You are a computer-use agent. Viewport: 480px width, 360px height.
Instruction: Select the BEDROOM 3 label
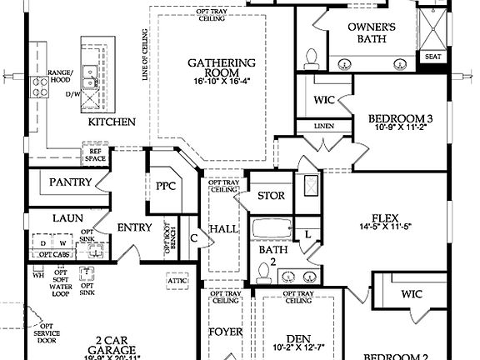coord(400,119)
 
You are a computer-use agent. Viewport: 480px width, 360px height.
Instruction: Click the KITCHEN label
coord(112,122)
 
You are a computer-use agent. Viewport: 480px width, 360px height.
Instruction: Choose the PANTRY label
coord(70,182)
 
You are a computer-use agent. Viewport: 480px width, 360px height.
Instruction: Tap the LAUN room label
coord(65,217)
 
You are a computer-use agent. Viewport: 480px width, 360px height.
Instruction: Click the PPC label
coord(166,186)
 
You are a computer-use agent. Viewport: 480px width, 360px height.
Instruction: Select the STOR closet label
coord(271,196)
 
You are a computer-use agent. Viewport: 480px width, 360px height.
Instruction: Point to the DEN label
coord(297,339)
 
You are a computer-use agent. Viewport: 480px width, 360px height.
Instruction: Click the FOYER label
coord(225,332)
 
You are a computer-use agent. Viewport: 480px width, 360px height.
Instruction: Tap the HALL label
coord(222,227)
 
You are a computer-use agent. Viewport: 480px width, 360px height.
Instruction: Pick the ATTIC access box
coord(177,282)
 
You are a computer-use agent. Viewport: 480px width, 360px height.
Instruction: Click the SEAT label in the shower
coord(432,57)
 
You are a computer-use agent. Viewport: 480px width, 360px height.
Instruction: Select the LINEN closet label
coord(323,126)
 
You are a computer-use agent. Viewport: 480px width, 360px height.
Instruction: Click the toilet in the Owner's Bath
coord(312,57)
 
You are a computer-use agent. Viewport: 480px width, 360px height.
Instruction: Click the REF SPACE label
coord(95,154)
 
